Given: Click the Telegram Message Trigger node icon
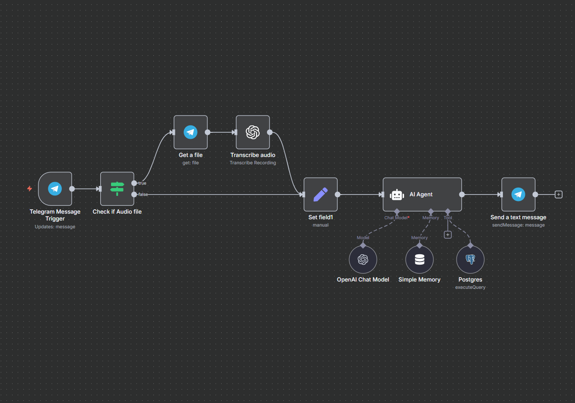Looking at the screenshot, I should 55,189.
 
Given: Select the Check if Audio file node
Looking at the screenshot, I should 117,189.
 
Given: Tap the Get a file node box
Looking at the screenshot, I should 191,132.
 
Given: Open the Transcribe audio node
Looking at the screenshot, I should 253,132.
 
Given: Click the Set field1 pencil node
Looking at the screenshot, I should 321,195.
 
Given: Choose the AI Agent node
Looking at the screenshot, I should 422,195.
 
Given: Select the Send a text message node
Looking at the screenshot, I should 518,195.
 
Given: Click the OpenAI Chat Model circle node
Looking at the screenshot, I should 363,259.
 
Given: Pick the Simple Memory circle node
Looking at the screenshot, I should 419,259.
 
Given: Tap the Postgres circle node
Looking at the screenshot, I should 470,259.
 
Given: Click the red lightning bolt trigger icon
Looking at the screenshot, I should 29,189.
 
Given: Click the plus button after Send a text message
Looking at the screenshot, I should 559,195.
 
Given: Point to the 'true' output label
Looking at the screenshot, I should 142,183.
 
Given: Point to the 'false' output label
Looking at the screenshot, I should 143,195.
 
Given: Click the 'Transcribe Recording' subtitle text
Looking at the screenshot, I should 253,163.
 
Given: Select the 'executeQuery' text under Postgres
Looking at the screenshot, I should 470,288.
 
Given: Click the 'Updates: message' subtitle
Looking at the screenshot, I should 55,227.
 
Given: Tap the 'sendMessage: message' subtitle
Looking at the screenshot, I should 518,225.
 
